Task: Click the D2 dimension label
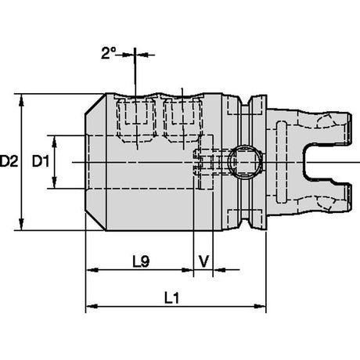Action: coord(9,161)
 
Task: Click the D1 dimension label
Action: coord(41,162)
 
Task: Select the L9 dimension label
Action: coord(141,261)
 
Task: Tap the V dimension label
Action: coord(203,261)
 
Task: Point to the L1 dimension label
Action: coord(172,297)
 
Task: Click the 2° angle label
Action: coord(108,53)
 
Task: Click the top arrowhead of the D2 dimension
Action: coord(22,100)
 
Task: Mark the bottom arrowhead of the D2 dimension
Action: coord(22,224)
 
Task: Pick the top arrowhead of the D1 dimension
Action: coord(54,142)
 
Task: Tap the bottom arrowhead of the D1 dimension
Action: coord(54,182)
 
